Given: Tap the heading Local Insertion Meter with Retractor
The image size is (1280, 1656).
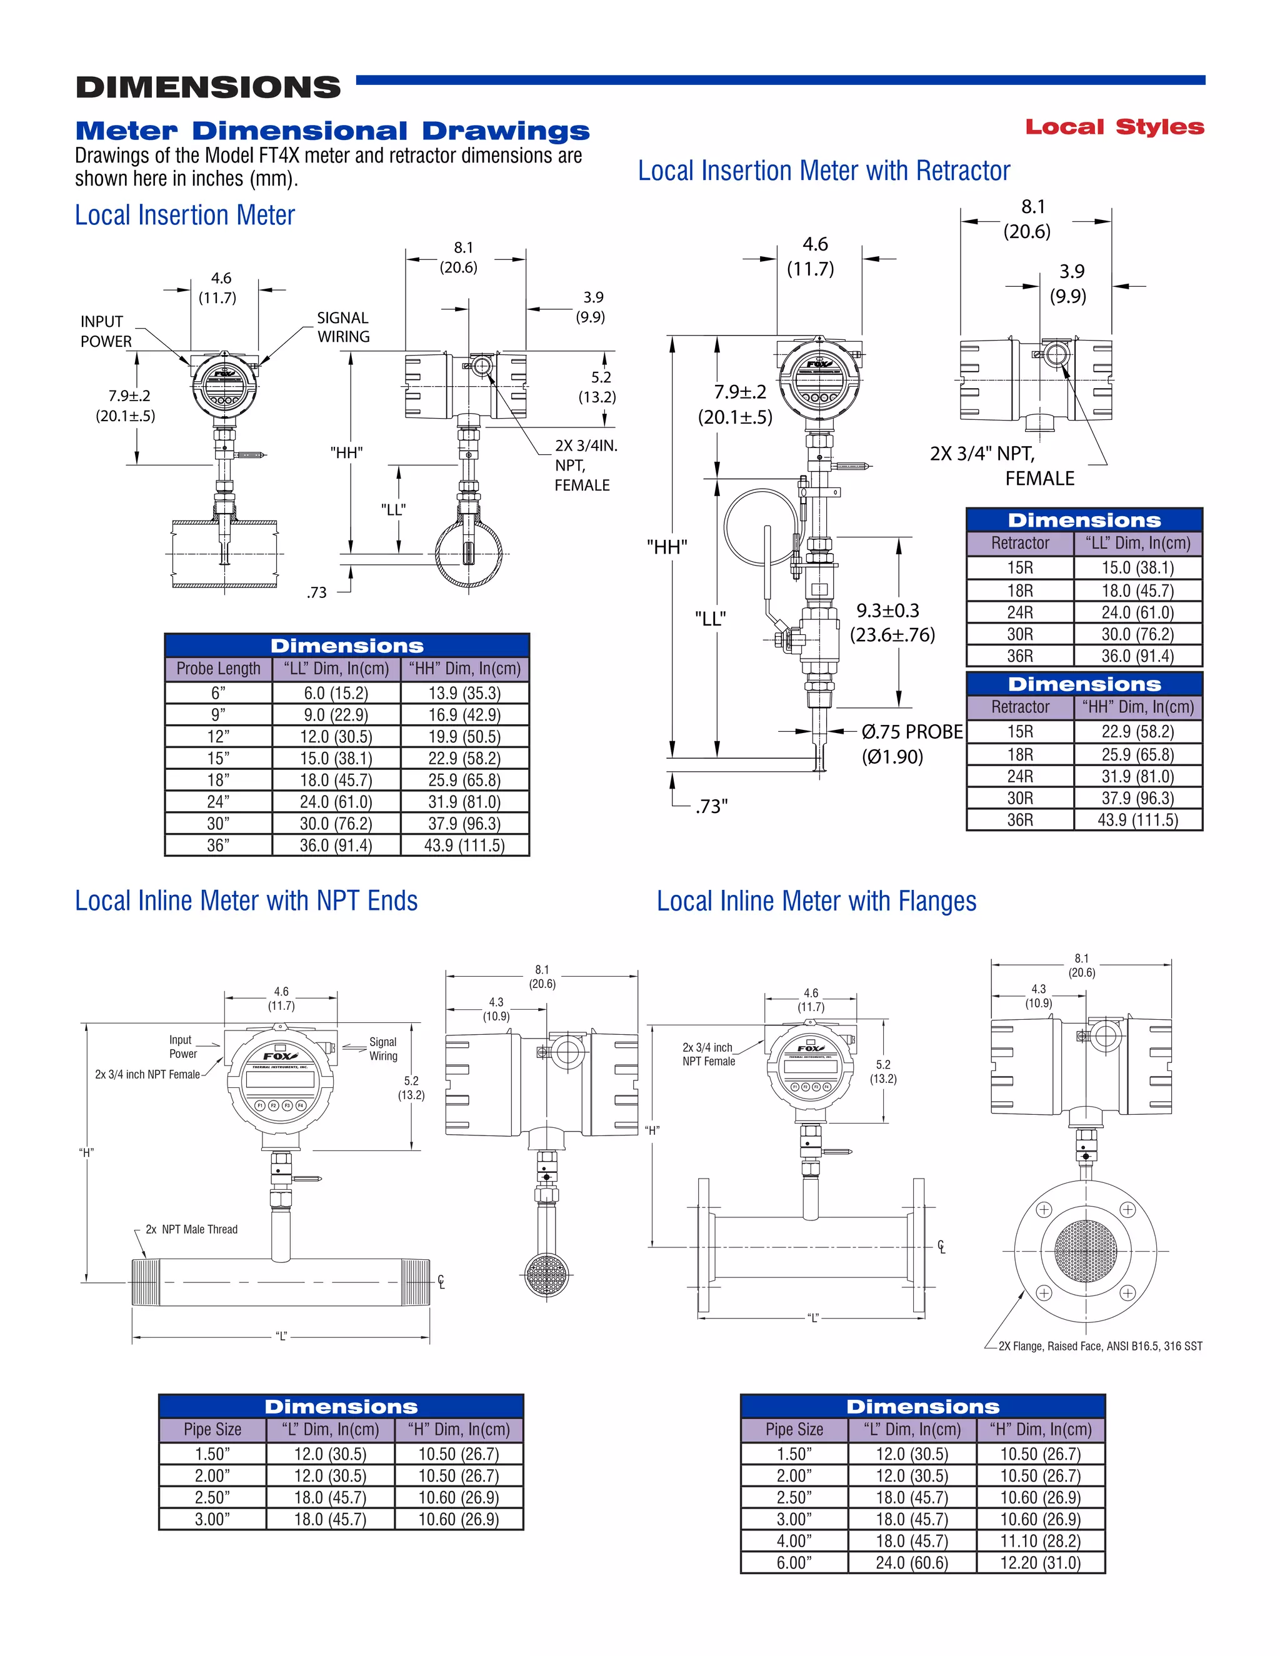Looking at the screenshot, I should pyautogui.click(x=824, y=171).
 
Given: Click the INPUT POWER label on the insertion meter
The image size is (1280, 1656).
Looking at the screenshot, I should pyautogui.click(x=106, y=331).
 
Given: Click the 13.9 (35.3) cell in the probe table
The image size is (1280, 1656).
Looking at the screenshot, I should pyautogui.click(x=464, y=693).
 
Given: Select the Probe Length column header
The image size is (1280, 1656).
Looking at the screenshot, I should pyautogui.click(x=218, y=669).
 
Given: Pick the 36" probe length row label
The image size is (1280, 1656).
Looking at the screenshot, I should pyautogui.click(x=218, y=845).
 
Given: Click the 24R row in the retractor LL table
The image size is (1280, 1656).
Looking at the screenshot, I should pyautogui.click(x=1020, y=612).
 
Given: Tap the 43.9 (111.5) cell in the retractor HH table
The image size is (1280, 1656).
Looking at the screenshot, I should pyautogui.click(x=1137, y=820).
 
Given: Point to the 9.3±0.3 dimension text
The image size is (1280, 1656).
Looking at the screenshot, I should pyautogui.click(x=888, y=611).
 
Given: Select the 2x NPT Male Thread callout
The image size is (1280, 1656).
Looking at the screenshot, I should pyautogui.click(x=192, y=1229).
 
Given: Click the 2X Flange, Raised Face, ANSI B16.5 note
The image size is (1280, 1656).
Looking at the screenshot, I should pyautogui.click(x=1099, y=1346).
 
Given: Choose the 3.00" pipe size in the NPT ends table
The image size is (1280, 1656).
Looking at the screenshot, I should pyautogui.click(x=212, y=1520).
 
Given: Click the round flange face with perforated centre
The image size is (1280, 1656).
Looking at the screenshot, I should pyautogui.click(x=1085, y=1251).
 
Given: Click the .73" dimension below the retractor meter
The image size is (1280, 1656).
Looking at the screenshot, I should pyautogui.click(x=711, y=806).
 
